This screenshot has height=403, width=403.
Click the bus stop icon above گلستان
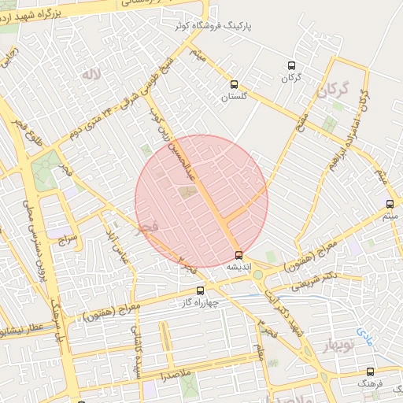(233, 84)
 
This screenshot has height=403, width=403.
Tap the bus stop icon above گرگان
(292, 66)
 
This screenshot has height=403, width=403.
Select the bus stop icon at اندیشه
(239, 255)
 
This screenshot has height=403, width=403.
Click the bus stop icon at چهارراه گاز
(198, 290)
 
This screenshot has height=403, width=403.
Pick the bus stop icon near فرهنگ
(370, 371)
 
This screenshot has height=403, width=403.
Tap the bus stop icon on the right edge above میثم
(390, 204)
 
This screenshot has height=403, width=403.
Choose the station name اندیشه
(239, 268)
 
